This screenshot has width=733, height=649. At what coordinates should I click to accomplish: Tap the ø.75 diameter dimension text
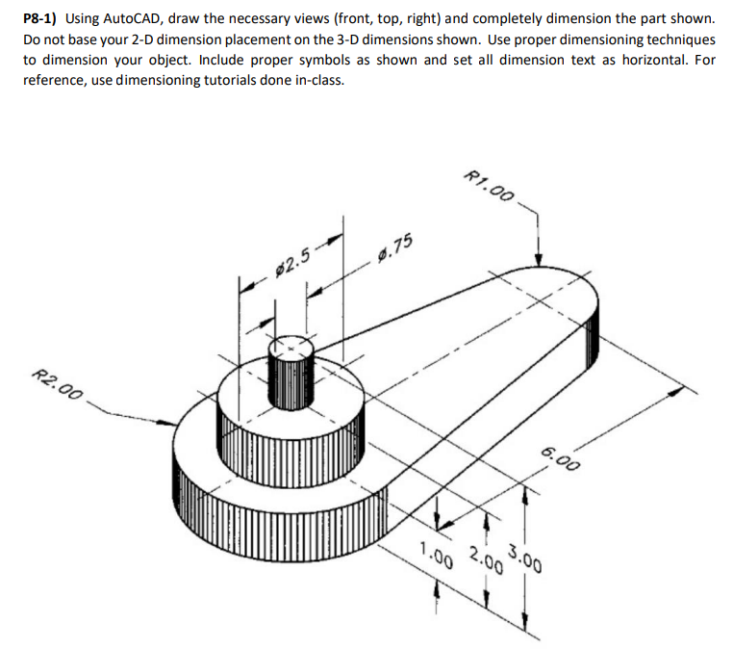tap(395, 249)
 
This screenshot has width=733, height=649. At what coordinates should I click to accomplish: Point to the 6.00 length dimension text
tap(560, 457)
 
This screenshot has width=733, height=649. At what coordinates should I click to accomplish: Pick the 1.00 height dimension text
tap(436, 556)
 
